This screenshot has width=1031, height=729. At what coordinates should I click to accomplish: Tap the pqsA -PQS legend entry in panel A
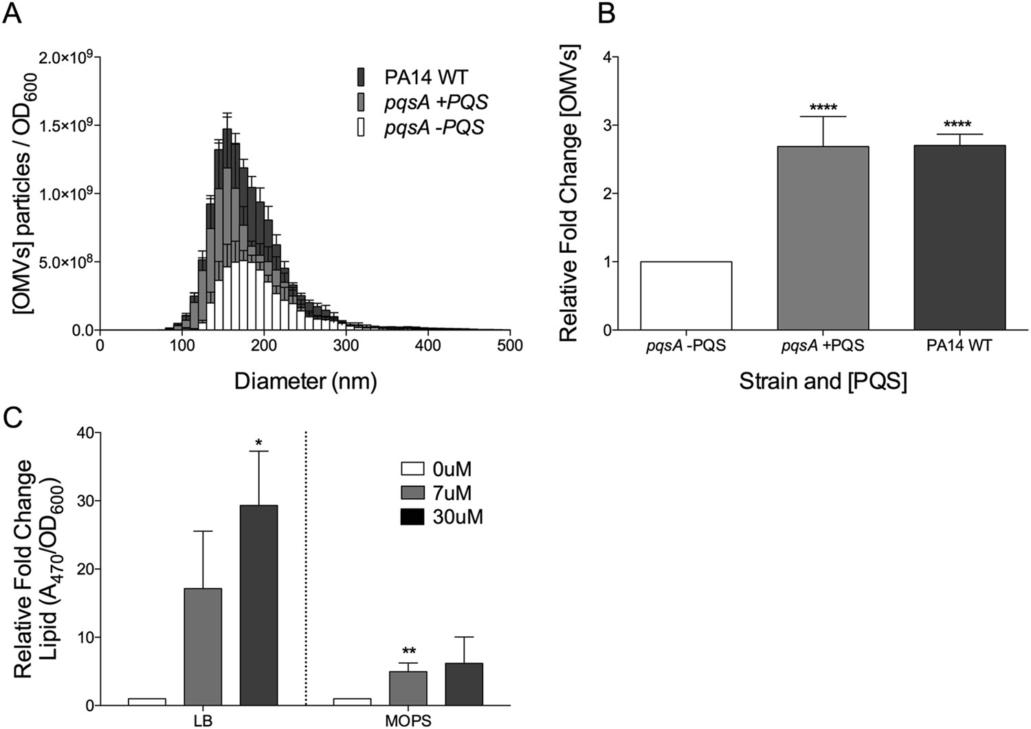(423, 128)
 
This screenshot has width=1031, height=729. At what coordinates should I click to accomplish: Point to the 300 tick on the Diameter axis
(346, 345)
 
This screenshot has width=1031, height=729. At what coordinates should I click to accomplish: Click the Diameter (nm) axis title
(305, 381)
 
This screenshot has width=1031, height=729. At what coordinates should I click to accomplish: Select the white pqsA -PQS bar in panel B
(686, 295)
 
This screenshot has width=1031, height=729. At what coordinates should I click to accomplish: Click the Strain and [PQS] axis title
(823, 381)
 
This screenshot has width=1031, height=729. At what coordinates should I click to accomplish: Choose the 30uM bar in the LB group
(258, 605)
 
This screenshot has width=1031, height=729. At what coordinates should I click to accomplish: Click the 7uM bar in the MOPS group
(408, 688)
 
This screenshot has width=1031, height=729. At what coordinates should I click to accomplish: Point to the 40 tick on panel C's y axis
(86, 433)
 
